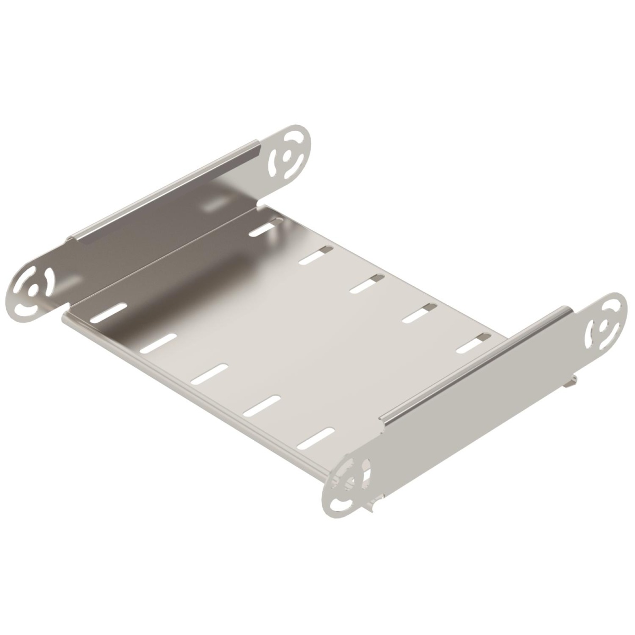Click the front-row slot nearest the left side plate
click(x=110, y=312)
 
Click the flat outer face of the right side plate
click(x=476, y=407)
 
